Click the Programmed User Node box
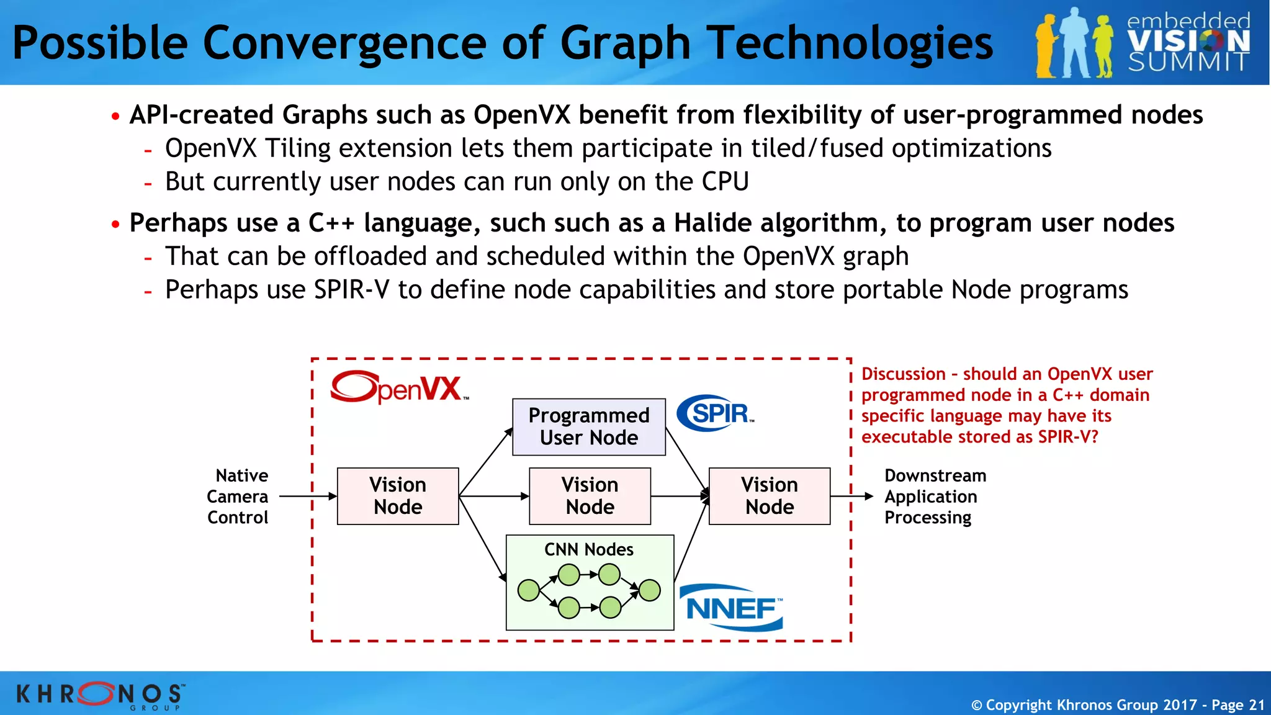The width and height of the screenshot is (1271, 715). point(588,427)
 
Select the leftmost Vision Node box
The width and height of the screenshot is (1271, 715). point(398,496)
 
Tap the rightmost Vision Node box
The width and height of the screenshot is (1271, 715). point(769,496)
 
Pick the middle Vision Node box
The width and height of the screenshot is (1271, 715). point(590,496)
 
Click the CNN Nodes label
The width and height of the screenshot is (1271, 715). point(588,549)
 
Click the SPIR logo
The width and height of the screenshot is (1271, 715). point(716,413)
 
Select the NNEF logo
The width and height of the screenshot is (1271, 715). point(732,608)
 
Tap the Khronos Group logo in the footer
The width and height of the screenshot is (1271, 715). point(99,695)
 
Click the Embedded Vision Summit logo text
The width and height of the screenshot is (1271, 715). point(1188,42)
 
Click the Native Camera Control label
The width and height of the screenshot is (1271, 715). point(238,497)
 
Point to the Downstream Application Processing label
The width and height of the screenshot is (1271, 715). point(934,497)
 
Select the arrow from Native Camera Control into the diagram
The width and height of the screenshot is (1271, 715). point(308,497)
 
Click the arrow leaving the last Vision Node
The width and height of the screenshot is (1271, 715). point(851,497)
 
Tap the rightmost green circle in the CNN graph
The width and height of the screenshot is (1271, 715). point(649,590)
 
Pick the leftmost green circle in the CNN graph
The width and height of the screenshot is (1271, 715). point(529,590)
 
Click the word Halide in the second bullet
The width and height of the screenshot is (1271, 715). point(712,223)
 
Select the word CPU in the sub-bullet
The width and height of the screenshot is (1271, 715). point(725,182)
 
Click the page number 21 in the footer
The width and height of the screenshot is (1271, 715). point(1256,705)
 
